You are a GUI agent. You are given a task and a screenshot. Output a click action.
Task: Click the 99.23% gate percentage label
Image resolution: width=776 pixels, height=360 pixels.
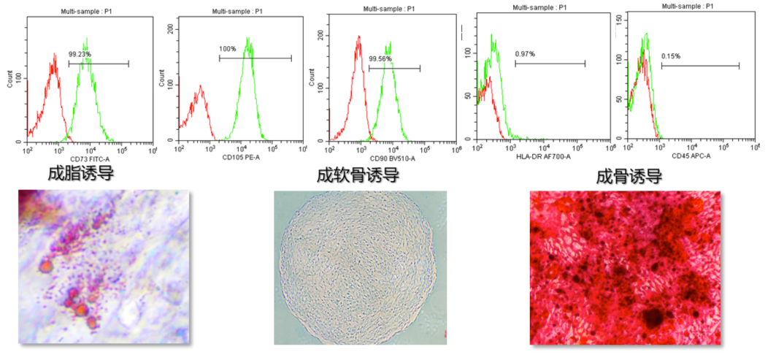point(80,54)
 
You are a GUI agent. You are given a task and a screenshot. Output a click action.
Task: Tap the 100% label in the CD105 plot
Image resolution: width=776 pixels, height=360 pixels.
point(228,49)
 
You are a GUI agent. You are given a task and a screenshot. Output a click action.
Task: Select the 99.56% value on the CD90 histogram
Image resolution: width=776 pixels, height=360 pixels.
point(380,58)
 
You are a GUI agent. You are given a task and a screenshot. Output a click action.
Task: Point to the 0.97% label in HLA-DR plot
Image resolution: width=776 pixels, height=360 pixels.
point(525,54)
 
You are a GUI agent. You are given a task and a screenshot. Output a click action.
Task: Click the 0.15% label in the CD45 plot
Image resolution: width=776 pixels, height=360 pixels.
point(672,56)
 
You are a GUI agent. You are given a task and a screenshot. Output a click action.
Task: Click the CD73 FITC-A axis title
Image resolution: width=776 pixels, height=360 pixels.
point(89,158)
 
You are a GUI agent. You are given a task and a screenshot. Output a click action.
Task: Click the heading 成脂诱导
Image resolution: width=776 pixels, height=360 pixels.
point(81,174)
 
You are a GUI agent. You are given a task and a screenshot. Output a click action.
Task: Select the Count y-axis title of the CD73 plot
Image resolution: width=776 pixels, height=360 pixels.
point(9,80)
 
